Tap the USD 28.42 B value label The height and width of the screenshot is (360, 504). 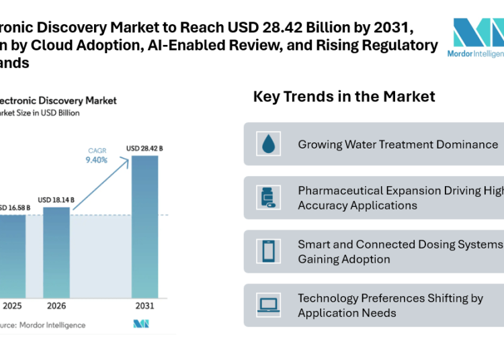[144, 148]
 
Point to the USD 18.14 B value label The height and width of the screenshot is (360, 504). [56, 199]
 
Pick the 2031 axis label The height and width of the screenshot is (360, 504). [144, 306]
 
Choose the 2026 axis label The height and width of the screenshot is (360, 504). [56, 306]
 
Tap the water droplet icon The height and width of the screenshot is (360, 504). [269, 144]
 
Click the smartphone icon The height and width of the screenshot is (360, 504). [269, 251]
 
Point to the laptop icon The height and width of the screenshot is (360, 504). [269, 306]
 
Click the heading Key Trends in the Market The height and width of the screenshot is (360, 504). [343, 97]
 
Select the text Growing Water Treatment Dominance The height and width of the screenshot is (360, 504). [398, 144]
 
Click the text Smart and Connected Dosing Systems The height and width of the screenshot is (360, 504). [400, 244]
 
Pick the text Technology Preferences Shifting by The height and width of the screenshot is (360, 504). [390, 298]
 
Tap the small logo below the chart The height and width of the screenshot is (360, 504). [141, 324]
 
